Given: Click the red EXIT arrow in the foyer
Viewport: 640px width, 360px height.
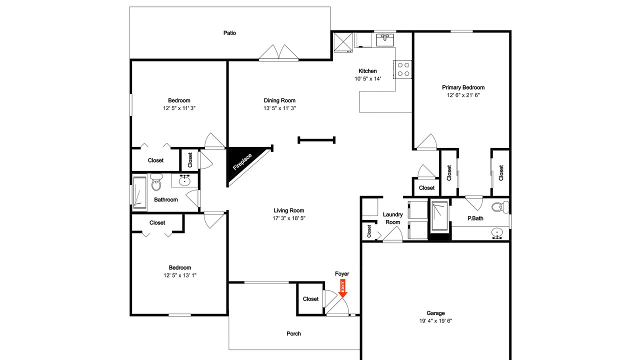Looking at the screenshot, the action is (x=342, y=289).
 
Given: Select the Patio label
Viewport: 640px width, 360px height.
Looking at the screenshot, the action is (x=229, y=33).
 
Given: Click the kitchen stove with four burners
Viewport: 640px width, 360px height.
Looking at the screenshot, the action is (x=402, y=69).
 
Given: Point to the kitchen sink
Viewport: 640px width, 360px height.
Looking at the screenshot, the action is (x=385, y=39).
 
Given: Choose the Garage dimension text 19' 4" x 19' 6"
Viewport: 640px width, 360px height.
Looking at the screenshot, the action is (x=435, y=321).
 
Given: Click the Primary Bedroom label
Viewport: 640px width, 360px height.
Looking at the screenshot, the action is (x=463, y=87).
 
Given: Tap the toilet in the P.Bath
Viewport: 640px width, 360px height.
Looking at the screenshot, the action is (x=500, y=206).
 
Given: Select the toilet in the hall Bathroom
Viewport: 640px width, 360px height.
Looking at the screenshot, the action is (x=156, y=182).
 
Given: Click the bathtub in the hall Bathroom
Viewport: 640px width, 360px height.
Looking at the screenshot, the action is (x=139, y=192).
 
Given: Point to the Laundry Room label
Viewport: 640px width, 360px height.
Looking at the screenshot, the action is (x=393, y=218).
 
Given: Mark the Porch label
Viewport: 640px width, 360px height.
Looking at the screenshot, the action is (x=293, y=333).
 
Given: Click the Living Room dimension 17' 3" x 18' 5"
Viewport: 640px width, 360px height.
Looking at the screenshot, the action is (x=289, y=218).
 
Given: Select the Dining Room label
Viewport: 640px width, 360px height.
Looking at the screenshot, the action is (x=279, y=100).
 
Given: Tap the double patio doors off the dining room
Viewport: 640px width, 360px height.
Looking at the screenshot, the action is (x=278, y=53).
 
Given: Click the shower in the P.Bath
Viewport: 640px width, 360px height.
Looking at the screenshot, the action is (x=439, y=216).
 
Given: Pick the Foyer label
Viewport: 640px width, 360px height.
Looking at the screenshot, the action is (x=342, y=273).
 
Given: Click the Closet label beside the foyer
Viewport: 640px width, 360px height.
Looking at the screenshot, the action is (x=310, y=299).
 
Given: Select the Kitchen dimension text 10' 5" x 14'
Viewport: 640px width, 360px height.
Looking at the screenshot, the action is (x=367, y=79).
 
